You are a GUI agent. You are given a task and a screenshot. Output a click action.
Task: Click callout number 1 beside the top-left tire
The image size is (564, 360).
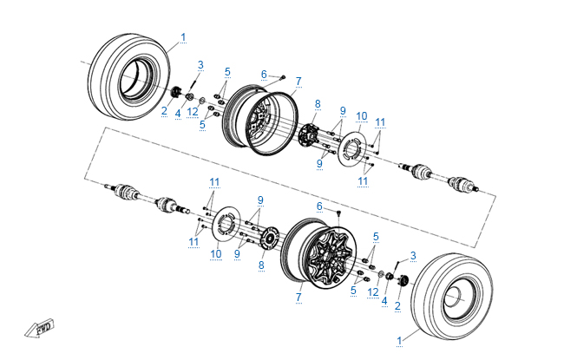183,36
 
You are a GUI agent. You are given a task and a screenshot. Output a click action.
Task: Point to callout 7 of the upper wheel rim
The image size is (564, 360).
298,82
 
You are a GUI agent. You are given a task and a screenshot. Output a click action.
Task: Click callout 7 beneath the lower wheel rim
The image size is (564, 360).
298,297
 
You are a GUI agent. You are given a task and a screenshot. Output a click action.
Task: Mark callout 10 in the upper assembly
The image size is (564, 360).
361,115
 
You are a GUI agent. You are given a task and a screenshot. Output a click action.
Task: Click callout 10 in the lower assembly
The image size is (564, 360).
215,253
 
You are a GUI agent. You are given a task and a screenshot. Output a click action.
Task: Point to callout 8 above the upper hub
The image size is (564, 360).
318,104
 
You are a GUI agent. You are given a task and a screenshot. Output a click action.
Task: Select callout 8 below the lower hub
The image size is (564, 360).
260,265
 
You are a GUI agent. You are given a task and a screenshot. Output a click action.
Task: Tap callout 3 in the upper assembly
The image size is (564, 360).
200,65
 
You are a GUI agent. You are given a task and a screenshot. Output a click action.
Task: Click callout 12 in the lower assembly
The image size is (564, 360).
373,291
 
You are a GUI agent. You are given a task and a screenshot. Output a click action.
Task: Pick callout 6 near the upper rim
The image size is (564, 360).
264,74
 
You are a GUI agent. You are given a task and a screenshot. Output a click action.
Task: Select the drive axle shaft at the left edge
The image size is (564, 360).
139,196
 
